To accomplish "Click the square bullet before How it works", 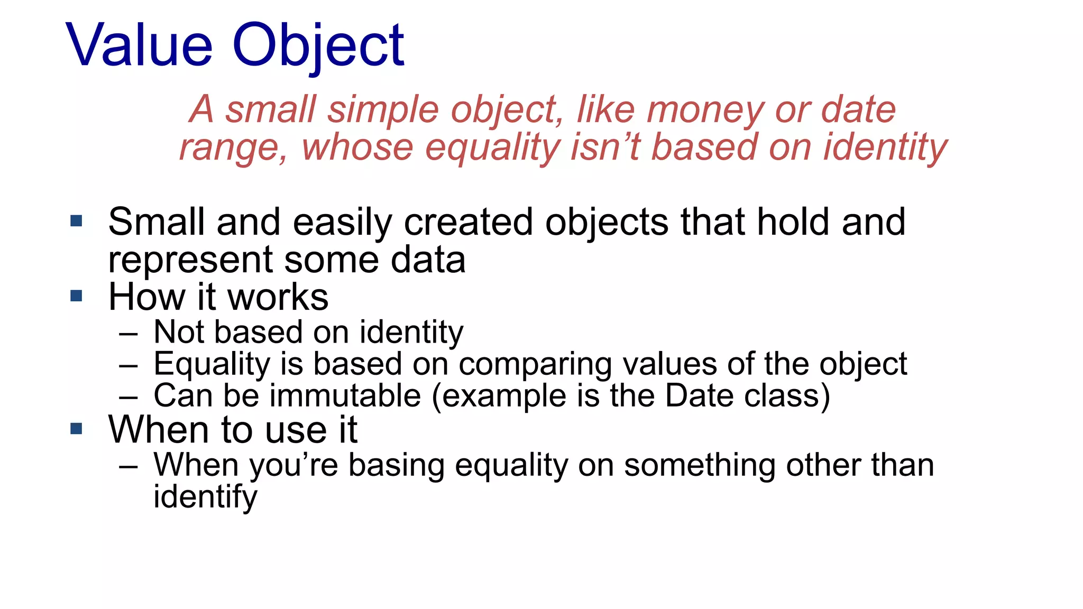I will (76, 296).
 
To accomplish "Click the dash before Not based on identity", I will (129, 334).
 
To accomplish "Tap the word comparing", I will (534, 365).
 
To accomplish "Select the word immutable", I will (345, 396).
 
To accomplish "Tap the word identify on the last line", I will (205, 497).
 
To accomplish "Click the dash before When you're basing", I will (129, 467).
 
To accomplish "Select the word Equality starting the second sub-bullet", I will (212, 365).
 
